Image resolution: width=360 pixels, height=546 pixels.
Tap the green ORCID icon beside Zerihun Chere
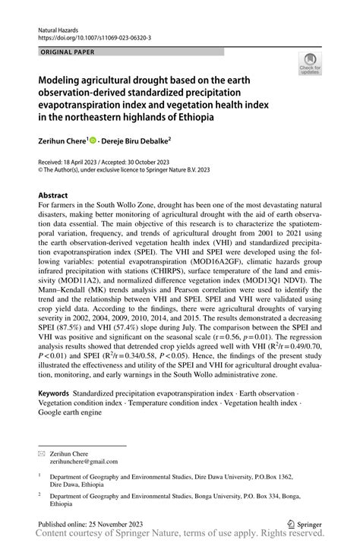pyautogui.click(x=94, y=140)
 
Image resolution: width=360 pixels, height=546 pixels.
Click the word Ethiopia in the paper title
pyautogui.click(x=189, y=118)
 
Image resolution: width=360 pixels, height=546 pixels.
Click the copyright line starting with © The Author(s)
pyautogui.click(x=115, y=171)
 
